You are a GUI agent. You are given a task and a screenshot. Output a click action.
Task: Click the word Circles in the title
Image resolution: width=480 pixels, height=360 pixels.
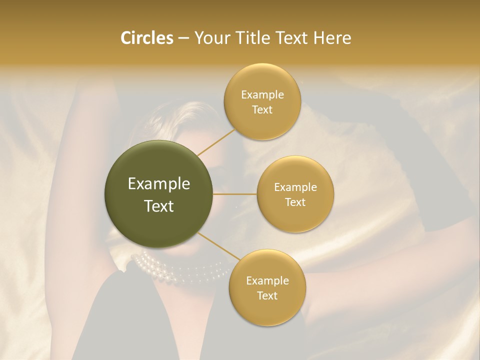point(146,38)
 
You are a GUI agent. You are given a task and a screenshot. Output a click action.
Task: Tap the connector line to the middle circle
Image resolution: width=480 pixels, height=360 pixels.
point(235,194)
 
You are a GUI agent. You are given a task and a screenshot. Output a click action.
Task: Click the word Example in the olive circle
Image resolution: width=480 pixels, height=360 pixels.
point(159,184)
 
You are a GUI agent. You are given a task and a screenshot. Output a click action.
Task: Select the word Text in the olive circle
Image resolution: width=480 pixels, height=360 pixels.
point(159,206)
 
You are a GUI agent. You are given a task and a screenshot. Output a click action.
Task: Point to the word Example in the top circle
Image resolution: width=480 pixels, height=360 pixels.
point(262,95)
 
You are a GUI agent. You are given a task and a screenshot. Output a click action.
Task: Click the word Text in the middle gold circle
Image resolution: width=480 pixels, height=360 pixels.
point(295,202)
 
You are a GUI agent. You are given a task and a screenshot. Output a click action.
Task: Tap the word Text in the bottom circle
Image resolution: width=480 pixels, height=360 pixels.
point(267,295)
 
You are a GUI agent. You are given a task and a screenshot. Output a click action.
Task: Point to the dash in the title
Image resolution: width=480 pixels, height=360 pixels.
point(183,38)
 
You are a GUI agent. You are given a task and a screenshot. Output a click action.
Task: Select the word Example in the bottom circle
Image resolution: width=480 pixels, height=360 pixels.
point(267,281)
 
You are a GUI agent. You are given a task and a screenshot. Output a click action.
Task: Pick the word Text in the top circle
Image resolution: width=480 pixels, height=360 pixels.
point(262,109)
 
